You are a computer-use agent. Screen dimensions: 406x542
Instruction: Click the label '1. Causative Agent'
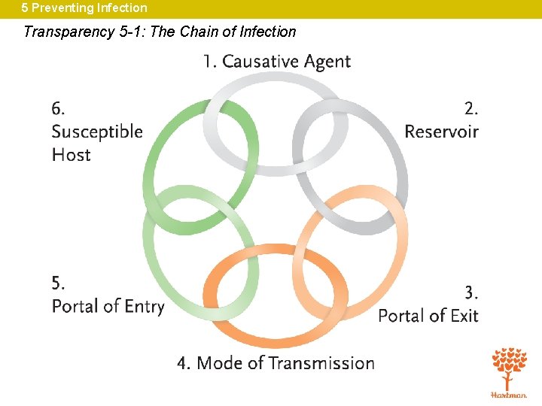point(276,62)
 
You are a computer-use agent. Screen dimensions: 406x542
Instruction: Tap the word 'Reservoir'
point(441,132)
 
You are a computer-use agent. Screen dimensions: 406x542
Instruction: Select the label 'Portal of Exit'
point(428,316)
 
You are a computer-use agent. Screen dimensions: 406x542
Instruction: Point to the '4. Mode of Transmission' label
point(276,363)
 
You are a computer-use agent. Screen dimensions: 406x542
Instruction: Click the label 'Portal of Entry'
point(108,306)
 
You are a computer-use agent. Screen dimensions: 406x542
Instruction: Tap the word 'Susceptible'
point(97,132)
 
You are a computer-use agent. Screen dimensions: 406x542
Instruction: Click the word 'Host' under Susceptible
point(71,155)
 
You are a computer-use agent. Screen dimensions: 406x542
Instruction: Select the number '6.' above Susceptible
point(58,108)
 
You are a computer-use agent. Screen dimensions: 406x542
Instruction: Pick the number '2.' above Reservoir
point(470,108)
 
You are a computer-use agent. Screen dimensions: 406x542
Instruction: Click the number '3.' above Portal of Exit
point(470,292)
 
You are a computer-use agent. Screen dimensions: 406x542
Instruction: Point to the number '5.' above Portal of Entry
point(58,283)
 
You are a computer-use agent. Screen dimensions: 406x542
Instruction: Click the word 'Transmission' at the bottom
point(321,363)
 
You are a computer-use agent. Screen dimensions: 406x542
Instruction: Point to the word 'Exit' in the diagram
point(464,316)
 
